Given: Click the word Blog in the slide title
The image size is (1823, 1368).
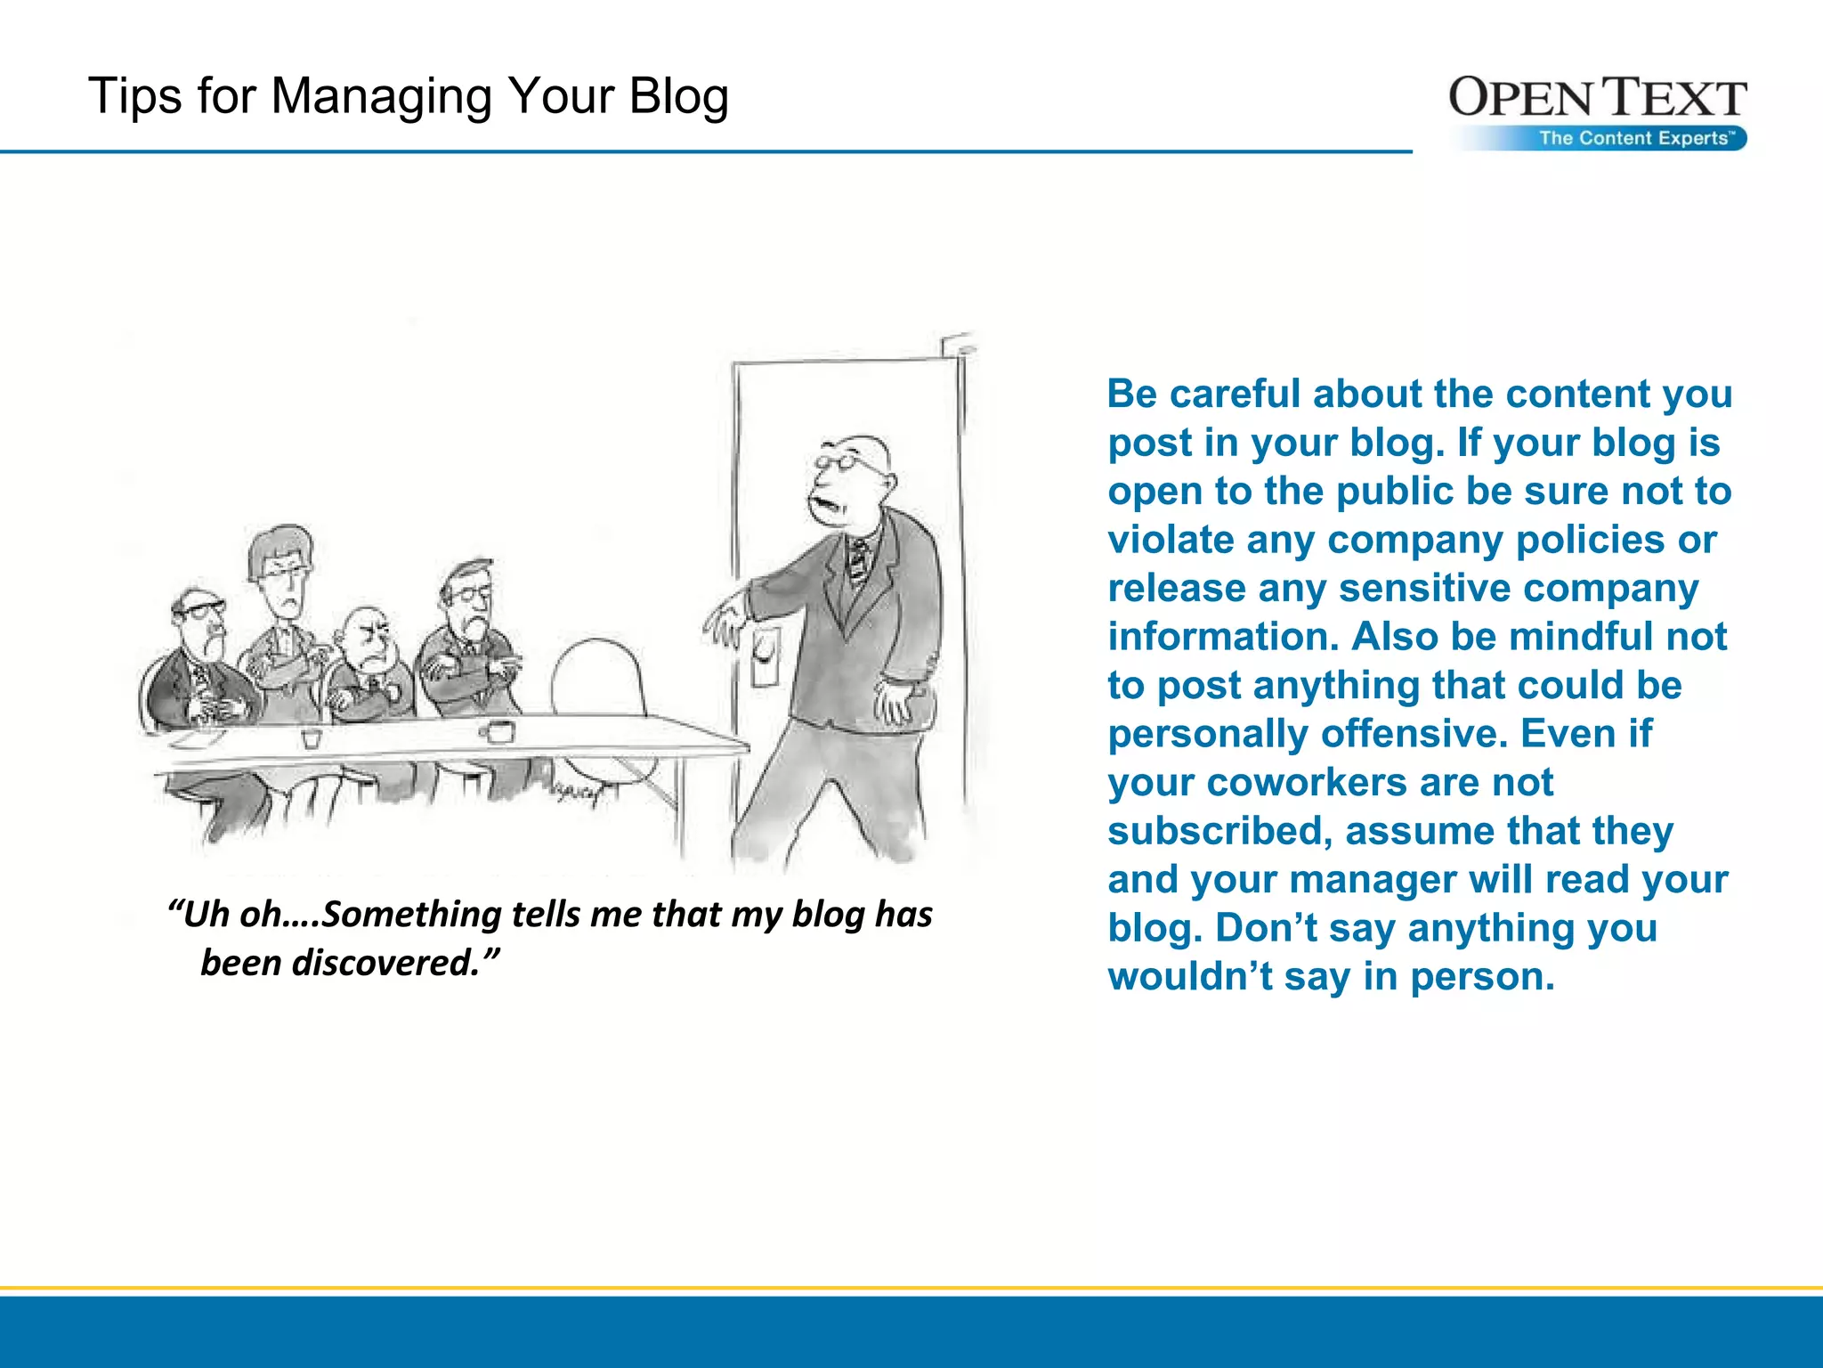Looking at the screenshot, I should [x=678, y=97].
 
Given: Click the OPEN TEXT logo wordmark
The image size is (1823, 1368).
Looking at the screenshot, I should [x=1597, y=98].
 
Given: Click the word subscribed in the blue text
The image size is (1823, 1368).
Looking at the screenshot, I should [x=1219, y=832].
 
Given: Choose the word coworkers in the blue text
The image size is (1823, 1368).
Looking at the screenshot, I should [x=1301, y=783].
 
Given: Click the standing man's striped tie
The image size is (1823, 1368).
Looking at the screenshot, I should [x=858, y=560].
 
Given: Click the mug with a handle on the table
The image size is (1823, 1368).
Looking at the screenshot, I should [x=498, y=732].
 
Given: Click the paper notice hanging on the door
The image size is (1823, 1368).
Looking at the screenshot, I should [x=765, y=657].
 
